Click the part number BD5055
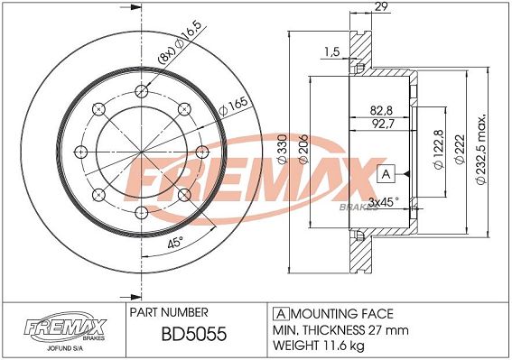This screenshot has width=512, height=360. (194, 334)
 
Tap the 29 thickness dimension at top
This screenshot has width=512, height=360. (382, 7)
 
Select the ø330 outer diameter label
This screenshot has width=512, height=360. (283, 149)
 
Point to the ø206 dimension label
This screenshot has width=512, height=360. (303, 149)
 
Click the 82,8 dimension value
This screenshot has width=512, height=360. (381, 111)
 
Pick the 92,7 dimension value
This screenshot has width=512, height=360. (382, 124)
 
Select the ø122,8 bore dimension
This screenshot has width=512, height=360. (439, 149)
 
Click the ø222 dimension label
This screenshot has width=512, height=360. (460, 150)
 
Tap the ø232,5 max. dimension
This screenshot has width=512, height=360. (481, 150)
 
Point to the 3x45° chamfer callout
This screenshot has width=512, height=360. (383, 202)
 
